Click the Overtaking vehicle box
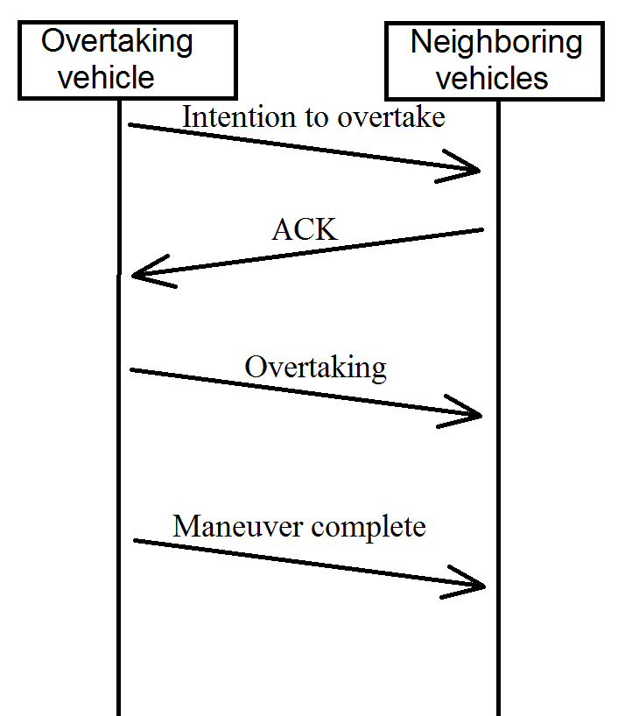[x=127, y=60]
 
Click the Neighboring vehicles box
[x=495, y=60]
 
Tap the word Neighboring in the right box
[x=496, y=42]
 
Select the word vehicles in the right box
[x=493, y=78]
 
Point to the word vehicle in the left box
[x=106, y=77]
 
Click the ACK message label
[x=305, y=229]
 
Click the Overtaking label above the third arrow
[x=315, y=367]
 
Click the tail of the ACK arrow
[x=482, y=230]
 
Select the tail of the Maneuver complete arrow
[x=135, y=541]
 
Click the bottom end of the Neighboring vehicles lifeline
[x=498, y=712]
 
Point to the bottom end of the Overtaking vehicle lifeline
[x=118, y=712]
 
